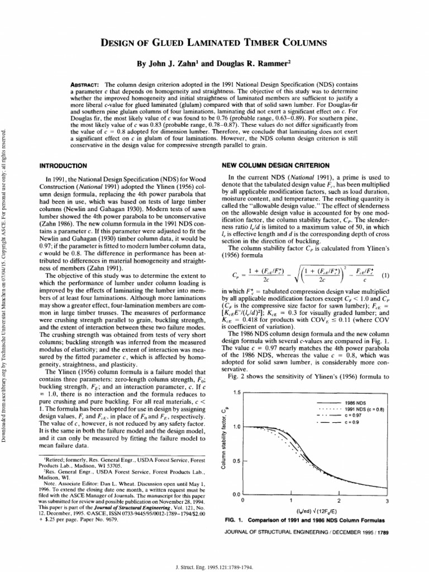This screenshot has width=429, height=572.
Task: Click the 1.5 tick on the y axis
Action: tap(236, 393)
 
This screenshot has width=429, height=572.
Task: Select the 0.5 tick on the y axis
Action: tap(236, 461)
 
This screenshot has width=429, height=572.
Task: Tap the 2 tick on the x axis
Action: tap(331, 500)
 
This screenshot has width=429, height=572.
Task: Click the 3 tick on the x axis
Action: tap(380, 500)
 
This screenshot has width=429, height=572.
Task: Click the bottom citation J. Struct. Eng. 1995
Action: tap(214, 565)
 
